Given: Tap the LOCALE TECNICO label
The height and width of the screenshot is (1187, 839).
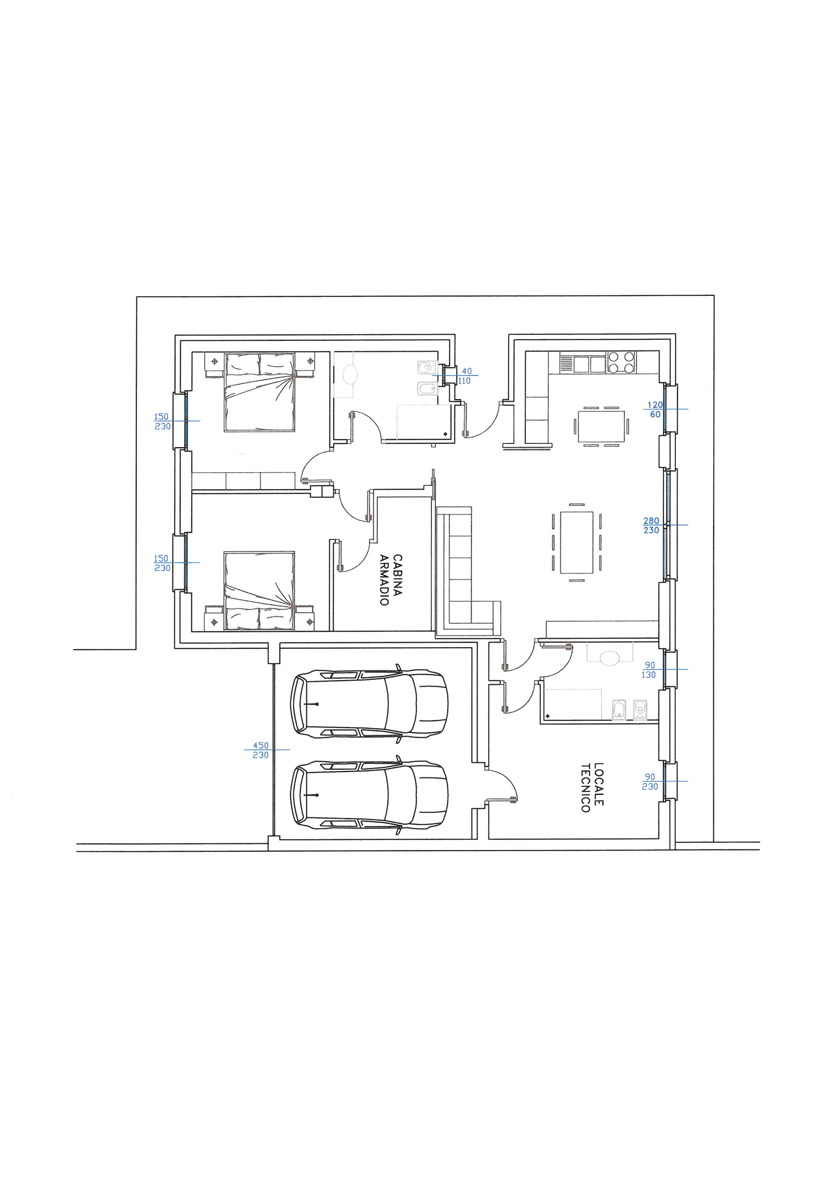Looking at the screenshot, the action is [592, 787].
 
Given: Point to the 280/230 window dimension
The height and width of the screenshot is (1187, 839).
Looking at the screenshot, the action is [652, 526].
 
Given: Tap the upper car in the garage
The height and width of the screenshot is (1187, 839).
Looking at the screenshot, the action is [369, 704].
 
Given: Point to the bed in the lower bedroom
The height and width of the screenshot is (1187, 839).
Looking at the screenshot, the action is [259, 591].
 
